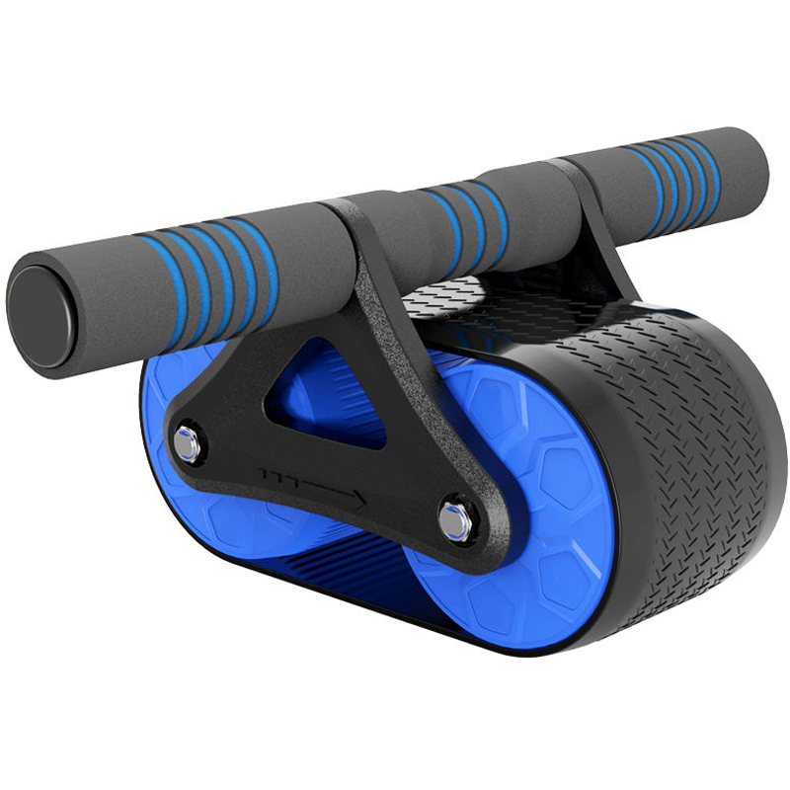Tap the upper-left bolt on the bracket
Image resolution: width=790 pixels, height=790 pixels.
185,442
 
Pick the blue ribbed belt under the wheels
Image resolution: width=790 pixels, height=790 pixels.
346,573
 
